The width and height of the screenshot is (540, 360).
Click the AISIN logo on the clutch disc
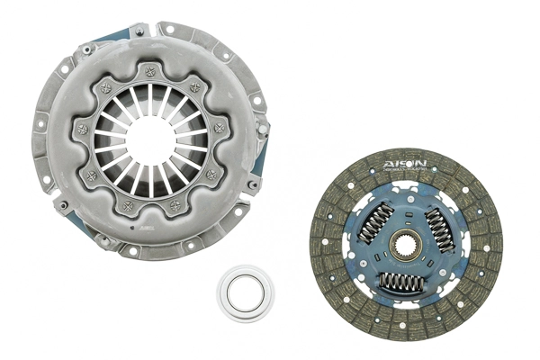click(x=403, y=163)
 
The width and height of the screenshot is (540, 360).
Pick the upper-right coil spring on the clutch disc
click(x=438, y=224)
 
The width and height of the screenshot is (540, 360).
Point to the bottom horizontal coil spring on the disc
click(x=402, y=282)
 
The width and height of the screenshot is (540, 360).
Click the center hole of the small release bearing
click(x=245, y=292)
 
